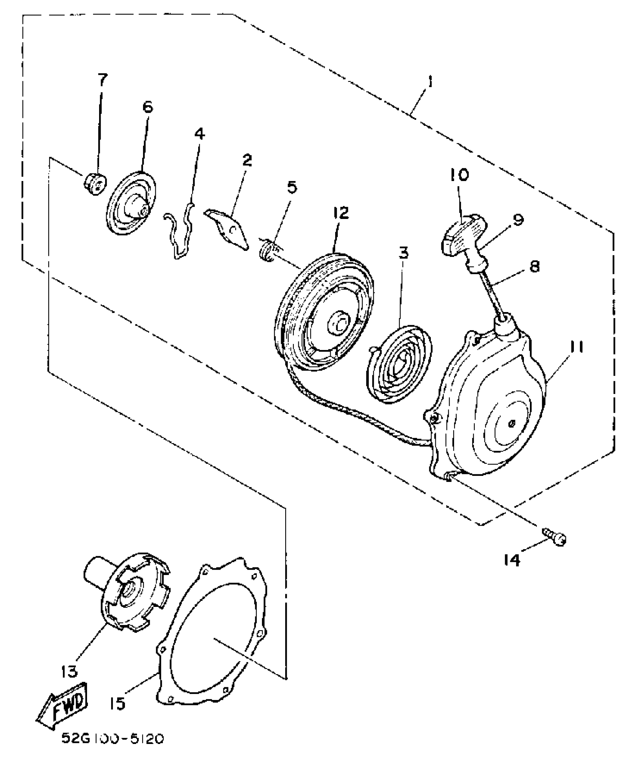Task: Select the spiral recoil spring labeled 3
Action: [399, 364]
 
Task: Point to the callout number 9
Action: [518, 220]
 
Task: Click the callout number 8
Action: [534, 267]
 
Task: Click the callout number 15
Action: [118, 703]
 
